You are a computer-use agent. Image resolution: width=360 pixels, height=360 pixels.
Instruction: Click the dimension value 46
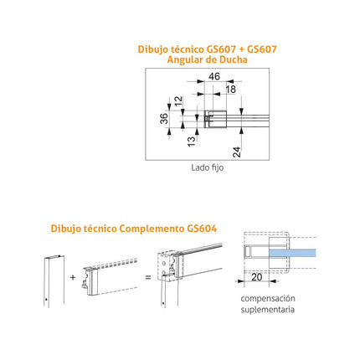pyautogui.click(x=214, y=76)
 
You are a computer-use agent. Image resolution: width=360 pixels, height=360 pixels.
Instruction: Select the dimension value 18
pyautogui.click(x=231, y=90)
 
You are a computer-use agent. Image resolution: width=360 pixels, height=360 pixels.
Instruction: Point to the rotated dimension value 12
pyautogui.click(x=178, y=100)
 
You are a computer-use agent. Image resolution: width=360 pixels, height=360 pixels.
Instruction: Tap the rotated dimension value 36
pyautogui.click(x=164, y=118)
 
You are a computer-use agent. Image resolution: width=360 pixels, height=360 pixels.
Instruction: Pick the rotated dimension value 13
pyautogui.click(x=192, y=141)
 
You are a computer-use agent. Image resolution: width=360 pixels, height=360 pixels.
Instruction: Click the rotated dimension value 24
pyautogui.click(x=237, y=152)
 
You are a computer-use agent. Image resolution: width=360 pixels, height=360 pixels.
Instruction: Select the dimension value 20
pyautogui.click(x=257, y=277)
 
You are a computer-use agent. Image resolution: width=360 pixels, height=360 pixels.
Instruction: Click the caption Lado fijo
pyautogui.click(x=208, y=167)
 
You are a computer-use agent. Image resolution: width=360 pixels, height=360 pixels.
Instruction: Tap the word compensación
pyautogui.click(x=268, y=298)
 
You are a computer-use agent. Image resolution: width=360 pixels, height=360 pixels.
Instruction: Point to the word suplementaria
pyautogui.click(x=268, y=310)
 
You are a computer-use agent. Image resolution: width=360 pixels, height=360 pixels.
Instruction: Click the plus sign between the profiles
pyautogui.click(x=73, y=277)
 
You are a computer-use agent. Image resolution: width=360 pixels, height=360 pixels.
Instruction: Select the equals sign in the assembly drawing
pyautogui.click(x=148, y=277)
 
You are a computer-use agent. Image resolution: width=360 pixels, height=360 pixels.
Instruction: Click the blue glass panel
pyautogui.click(x=292, y=253)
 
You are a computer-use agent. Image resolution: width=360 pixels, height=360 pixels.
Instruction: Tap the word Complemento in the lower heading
pyautogui.click(x=151, y=229)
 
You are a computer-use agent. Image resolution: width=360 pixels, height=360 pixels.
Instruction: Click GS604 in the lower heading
pyautogui.click(x=202, y=229)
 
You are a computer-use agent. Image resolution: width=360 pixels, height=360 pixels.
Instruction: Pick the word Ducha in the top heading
pyautogui.click(x=234, y=59)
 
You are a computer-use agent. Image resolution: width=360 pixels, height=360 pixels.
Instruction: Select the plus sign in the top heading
pyautogui.click(x=241, y=49)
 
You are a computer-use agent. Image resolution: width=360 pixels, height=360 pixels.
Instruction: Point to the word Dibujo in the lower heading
pyautogui.click(x=66, y=229)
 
